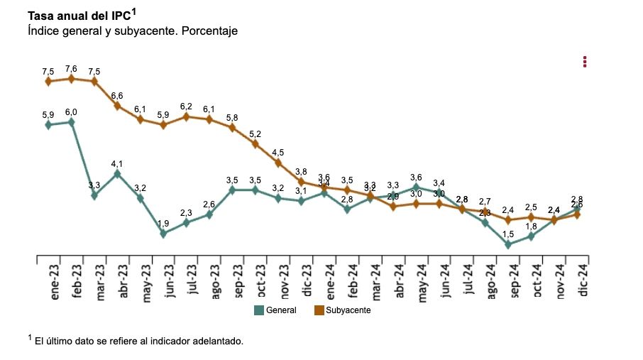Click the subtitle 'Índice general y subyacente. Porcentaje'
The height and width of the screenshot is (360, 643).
[132, 31]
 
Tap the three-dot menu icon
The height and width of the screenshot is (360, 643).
[585, 62]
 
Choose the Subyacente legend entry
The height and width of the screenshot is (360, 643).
[342, 310]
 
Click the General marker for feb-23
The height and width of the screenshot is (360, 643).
[71, 122]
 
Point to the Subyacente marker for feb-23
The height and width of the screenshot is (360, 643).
[71, 79]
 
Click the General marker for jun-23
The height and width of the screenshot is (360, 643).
[163, 233]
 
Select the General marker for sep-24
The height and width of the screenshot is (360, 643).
[508, 244]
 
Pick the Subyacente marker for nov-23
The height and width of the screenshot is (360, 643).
[278, 163]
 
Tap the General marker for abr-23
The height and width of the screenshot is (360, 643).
[117, 173]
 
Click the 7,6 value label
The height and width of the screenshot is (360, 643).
[71, 69]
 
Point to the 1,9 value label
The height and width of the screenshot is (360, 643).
[163, 223]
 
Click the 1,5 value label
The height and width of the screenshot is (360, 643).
[508, 234]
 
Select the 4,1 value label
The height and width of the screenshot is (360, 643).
[117, 163]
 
